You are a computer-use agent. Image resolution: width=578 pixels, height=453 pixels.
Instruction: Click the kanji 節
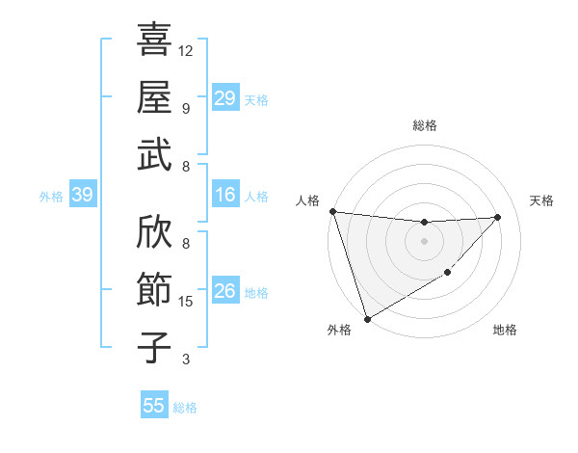pos(154,288)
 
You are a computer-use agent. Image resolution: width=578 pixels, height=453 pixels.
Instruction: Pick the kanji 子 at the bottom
pos(154,348)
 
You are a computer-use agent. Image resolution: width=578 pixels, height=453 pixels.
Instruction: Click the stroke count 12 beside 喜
pos(186,50)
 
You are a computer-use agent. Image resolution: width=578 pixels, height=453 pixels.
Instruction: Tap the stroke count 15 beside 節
pos(186,302)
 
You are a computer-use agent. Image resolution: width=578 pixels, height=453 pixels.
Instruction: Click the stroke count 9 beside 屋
pos(186,109)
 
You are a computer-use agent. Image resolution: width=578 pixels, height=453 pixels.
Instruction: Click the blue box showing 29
pos(224,99)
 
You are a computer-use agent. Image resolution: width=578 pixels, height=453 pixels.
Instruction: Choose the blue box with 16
pos(224,196)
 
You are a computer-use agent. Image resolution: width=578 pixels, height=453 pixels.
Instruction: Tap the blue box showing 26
pos(224,292)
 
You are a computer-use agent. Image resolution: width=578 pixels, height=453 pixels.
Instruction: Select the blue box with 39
pos(83,196)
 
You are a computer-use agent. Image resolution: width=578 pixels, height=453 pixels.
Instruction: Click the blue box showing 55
pos(154,406)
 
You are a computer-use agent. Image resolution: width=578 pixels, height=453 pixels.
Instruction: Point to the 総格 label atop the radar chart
pos(425,125)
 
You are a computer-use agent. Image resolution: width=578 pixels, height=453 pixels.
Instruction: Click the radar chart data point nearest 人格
pos(332,211)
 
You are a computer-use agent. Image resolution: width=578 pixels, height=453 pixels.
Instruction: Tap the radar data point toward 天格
pos(498,217)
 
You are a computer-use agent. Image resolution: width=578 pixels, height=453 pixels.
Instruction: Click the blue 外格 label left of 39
pos(51,197)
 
